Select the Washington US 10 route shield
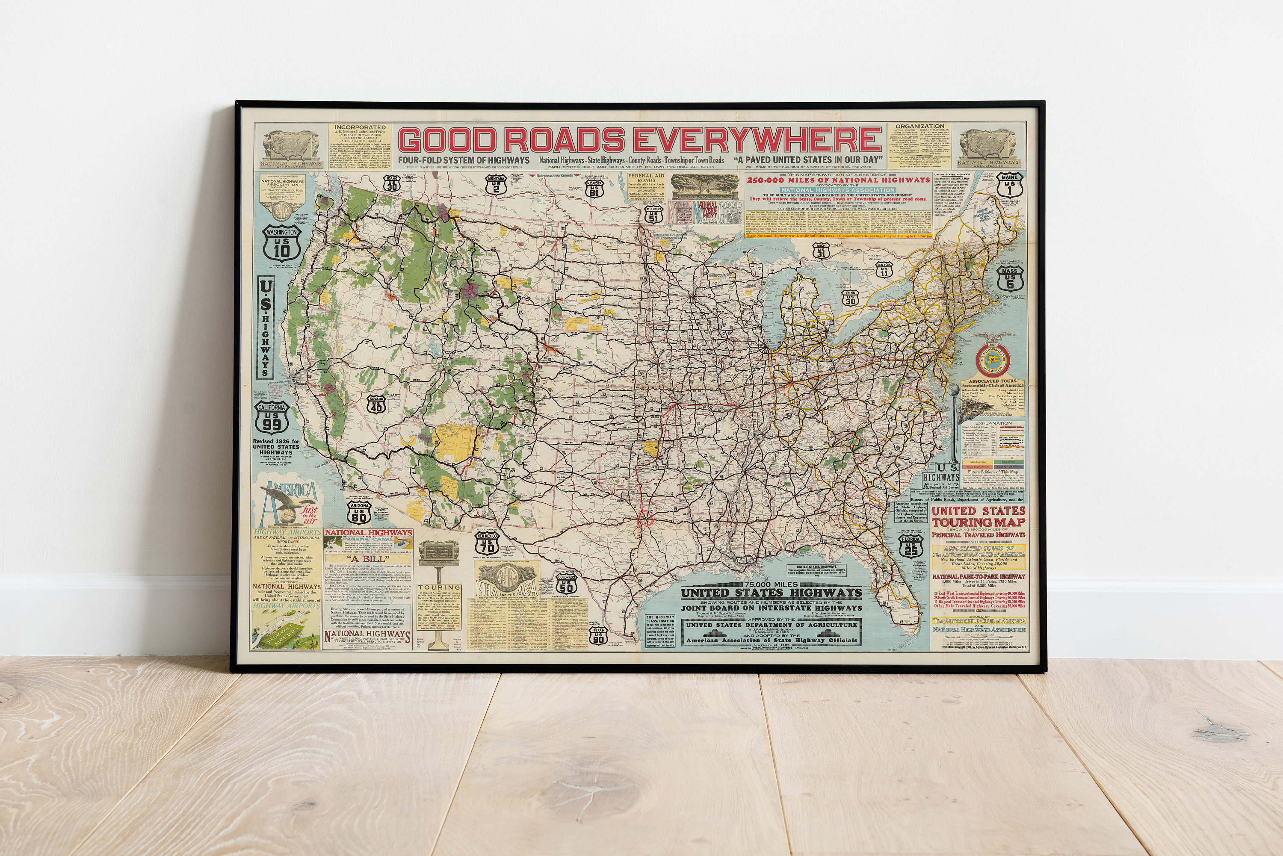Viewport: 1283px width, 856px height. [282, 244]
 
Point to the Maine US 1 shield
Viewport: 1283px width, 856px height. [1008, 185]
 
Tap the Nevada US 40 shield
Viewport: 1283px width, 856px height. [376, 404]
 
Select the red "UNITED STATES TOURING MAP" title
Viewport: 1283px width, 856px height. [979, 517]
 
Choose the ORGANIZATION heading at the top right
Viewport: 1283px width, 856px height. [920, 126]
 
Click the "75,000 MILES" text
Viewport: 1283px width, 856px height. [771, 584]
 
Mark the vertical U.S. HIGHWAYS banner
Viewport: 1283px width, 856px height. [266, 327]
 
